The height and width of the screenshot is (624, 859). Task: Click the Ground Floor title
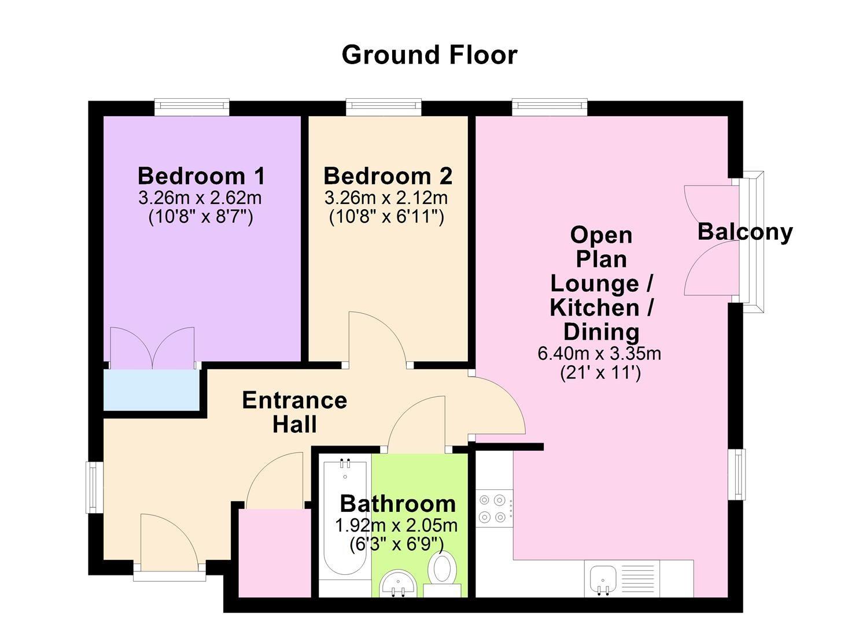coord(429,55)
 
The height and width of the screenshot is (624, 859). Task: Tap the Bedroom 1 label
coord(201,175)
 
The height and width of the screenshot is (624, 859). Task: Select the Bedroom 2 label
coord(388,176)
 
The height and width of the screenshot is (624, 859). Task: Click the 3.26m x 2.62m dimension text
coord(200,198)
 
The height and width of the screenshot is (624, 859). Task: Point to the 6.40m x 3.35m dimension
coord(599,353)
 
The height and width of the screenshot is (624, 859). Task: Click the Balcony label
coord(744,231)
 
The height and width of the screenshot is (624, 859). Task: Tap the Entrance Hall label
coord(294,412)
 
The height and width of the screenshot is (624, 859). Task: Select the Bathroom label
coord(398,503)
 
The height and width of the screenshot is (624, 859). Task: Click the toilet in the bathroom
coord(443,568)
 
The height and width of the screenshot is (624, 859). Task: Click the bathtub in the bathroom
coord(345,520)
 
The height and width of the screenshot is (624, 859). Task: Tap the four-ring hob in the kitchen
coord(493,508)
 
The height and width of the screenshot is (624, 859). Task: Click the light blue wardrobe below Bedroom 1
coord(152,390)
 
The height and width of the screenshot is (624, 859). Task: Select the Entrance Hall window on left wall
coord(93,486)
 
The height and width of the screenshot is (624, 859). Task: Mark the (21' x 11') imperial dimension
coord(600,373)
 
